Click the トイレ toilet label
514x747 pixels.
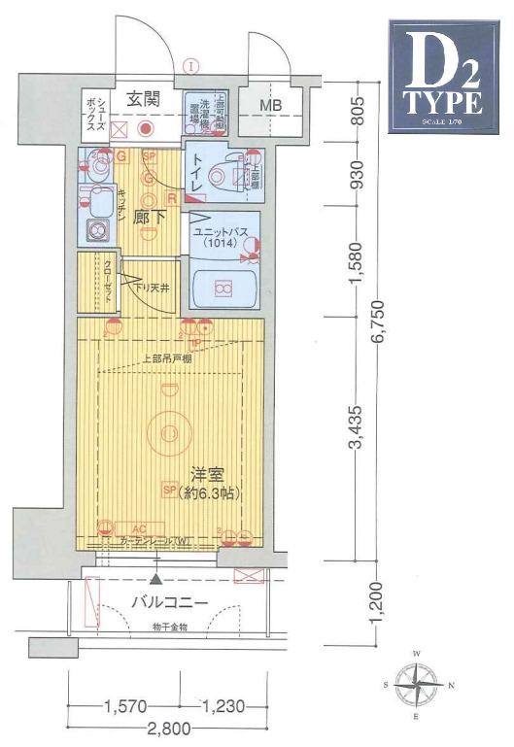point(194,171)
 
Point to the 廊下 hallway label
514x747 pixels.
point(147,216)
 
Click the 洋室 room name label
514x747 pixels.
point(208,476)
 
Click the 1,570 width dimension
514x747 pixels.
point(123,706)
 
